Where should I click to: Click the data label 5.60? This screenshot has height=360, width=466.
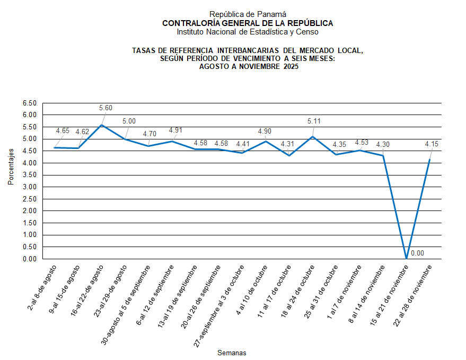tap(106, 108)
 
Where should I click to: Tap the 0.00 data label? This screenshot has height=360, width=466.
tap(417, 253)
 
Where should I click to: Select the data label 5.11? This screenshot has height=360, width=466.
tap(314, 121)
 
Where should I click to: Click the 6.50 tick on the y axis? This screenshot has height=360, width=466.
tap(29, 103)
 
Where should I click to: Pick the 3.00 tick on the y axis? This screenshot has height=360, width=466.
tap(29, 187)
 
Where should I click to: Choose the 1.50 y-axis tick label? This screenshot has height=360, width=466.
tap(29, 223)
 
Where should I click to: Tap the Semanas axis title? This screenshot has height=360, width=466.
tap(232, 353)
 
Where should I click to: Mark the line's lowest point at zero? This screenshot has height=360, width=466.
tap(407, 259)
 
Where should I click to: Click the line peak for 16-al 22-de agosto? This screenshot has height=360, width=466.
tap(102, 125)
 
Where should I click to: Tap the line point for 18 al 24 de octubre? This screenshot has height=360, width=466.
tap(313, 137)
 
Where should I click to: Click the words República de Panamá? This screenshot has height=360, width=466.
tap(240, 14)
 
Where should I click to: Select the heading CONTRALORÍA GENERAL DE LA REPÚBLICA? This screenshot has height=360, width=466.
tap(248, 23)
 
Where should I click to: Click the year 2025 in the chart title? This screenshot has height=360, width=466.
tap(291, 67)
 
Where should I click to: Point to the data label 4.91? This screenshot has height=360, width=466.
tap(176, 130)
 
